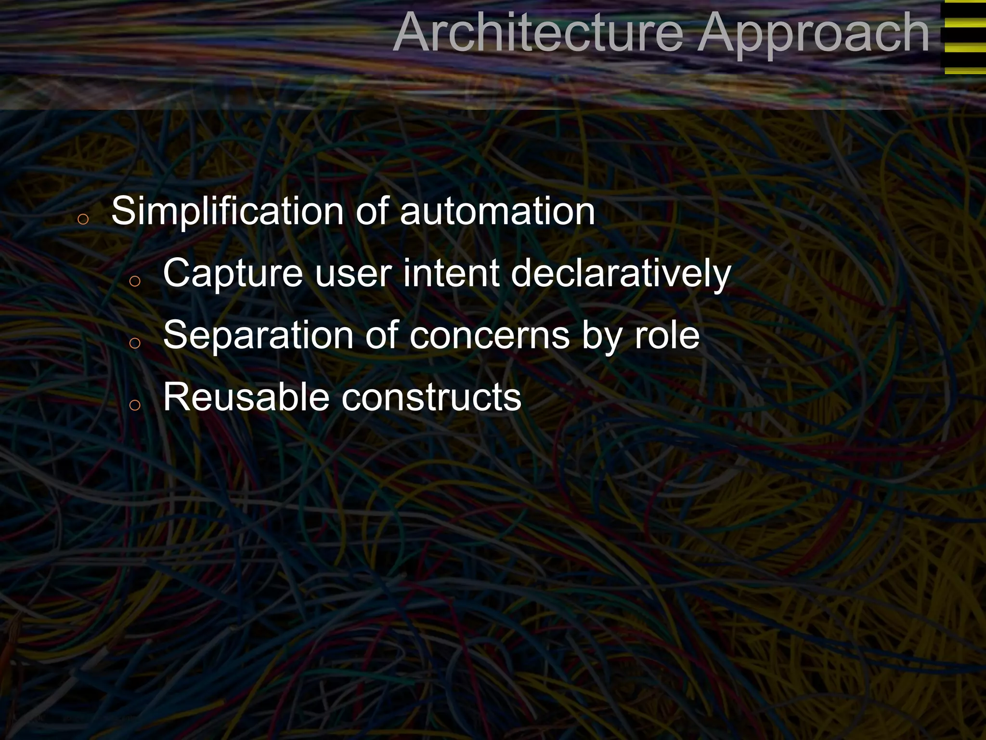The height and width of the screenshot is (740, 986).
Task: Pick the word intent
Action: pyautogui.click(x=451, y=274)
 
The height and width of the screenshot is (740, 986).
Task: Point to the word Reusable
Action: pyautogui.click(x=246, y=397)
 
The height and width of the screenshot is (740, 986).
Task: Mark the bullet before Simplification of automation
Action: pyautogui.click(x=83, y=219)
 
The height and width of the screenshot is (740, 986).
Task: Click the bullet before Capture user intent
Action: pyautogui.click(x=135, y=281)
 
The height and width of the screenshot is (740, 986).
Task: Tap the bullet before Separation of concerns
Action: pyautogui.click(x=135, y=343)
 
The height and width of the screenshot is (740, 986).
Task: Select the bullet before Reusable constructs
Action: pyautogui.click(x=135, y=405)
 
